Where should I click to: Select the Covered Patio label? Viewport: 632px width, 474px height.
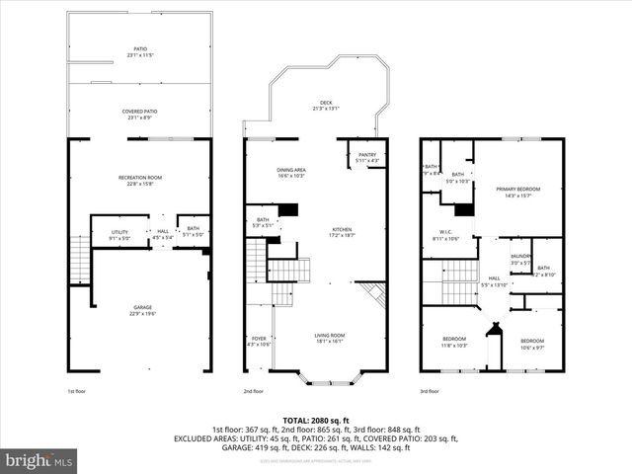click(139, 115)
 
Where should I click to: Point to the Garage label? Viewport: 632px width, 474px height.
click(143, 310)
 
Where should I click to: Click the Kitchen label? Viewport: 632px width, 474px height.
click(341, 232)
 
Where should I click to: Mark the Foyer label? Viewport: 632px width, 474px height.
click(257, 342)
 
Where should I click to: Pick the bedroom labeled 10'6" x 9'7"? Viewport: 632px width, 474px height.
click(531, 343)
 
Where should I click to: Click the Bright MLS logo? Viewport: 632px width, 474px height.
click(39, 460)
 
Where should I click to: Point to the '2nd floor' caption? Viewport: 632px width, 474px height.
click(255, 391)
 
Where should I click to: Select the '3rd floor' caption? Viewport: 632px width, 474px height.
click(431, 391)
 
